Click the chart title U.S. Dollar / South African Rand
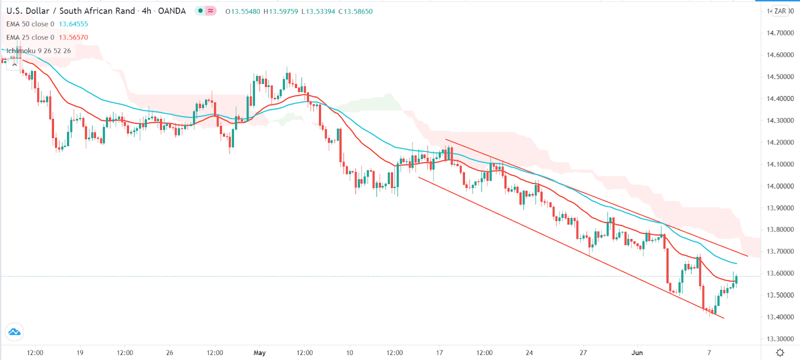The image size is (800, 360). (x=70, y=11)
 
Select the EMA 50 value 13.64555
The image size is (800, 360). (x=73, y=24)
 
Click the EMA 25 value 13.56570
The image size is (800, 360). (x=73, y=37)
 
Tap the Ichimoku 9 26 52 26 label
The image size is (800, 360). (x=38, y=51)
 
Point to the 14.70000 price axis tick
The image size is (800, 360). (x=780, y=33)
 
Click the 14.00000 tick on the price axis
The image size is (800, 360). (x=780, y=186)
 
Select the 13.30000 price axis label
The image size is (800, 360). (x=780, y=339)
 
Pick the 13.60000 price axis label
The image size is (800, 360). (x=780, y=273)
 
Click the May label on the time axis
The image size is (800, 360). (x=259, y=352)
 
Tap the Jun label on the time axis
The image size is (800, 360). (x=637, y=352)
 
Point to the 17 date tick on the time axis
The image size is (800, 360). (x=439, y=352)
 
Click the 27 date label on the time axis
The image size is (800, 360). (x=583, y=352)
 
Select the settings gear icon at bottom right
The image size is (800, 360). (x=780, y=352)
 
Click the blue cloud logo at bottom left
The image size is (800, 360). (x=14, y=332)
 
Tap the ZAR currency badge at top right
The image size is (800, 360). (x=780, y=11)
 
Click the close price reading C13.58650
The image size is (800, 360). (x=355, y=11)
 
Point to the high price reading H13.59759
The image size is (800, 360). (x=280, y=11)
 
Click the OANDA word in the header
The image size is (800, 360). (x=171, y=11)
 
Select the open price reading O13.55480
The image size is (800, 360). (x=242, y=11)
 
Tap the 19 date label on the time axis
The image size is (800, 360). (x=80, y=352)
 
